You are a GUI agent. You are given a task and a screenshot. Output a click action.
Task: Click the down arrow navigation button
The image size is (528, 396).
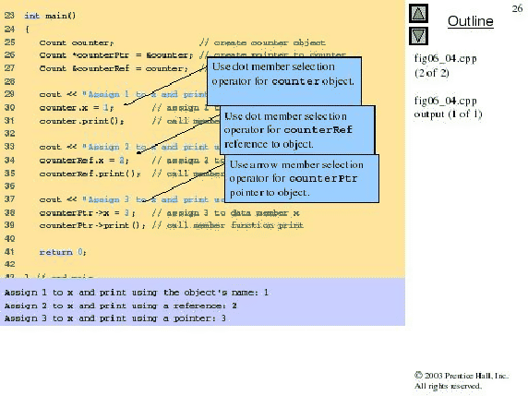[418, 35]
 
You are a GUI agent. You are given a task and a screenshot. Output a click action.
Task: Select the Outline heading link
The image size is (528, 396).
[471, 21]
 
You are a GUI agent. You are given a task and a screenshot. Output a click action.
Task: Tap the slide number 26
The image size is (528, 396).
[516, 8]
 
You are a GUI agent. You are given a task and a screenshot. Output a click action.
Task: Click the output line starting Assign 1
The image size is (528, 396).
[137, 292]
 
